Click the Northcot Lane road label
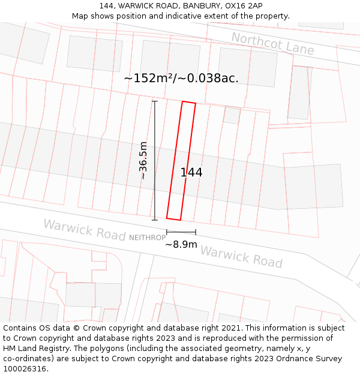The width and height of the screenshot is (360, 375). pos(272,44)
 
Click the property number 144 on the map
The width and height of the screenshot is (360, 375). pos(191,173)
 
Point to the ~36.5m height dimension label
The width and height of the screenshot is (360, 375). pos(143,160)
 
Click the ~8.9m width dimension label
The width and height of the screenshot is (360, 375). pos(181,244)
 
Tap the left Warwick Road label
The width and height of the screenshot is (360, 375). pos(84,230)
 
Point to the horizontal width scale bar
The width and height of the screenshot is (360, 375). pos(181,232)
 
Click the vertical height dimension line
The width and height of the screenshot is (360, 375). pos(155,160)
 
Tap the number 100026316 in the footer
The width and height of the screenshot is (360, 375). pos(25,369)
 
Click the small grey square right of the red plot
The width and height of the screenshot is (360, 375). pos(232,115)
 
